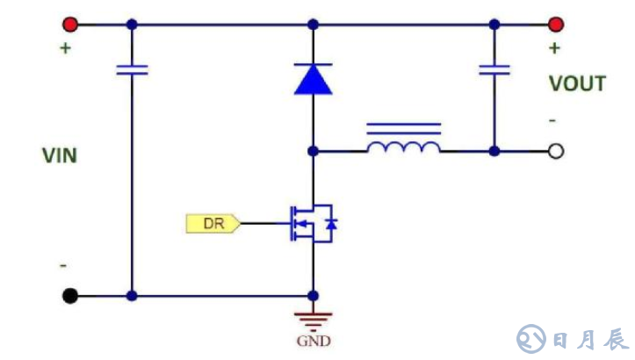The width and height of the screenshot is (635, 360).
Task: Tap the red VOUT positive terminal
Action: (555, 24)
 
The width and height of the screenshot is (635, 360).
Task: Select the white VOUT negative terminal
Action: (555, 151)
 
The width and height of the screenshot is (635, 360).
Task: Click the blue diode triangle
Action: (314, 79)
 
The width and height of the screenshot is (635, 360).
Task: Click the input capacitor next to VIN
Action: (132, 69)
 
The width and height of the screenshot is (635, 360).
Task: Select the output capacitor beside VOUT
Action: (494, 69)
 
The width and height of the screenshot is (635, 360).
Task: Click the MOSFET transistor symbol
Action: (312, 223)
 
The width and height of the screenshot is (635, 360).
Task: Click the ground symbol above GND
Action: (314, 318)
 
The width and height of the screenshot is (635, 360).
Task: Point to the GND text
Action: (314, 341)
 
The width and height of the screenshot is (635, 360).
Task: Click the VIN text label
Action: (60, 156)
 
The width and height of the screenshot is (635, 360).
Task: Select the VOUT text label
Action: (577, 84)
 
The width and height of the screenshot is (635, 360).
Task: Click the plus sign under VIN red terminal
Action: (65, 47)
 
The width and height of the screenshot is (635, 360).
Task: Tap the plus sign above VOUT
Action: (554, 48)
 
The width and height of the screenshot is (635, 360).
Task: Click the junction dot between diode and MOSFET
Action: (314, 151)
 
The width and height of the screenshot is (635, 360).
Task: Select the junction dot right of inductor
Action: (494, 151)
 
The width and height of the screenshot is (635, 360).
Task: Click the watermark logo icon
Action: (531, 338)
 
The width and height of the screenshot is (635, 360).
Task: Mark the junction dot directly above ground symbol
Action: (314, 296)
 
